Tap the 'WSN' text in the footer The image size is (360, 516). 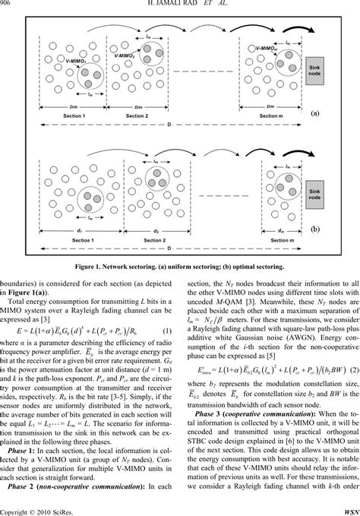tap(348, 510)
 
